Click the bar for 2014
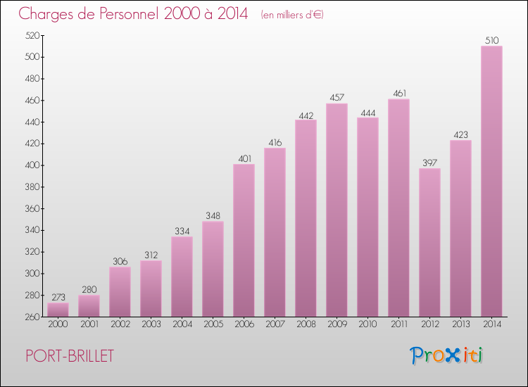(x=491, y=182)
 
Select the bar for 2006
(x=244, y=241)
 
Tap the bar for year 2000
(x=58, y=310)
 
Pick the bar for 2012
(x=429, y=243)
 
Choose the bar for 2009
(x=337, y=210)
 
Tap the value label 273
(x=58, y=297)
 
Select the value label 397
(x=429, y=163)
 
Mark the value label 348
(x=213, y=215)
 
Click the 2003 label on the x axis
(x=151, y=324)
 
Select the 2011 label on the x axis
(x=398, y=324)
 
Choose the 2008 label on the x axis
(x=306, y=324)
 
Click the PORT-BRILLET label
(x=68, y=356)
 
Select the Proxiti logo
(x=447, y=355)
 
